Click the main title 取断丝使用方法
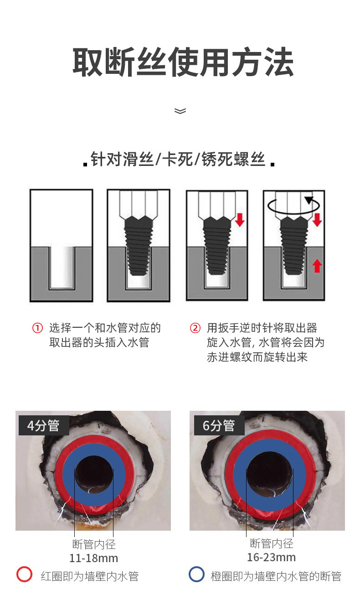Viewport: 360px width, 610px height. coord(183,62)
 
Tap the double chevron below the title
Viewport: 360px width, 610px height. coord(180,111)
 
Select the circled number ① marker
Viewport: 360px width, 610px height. coord(37,328)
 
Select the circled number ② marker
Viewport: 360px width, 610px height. coord(195,328)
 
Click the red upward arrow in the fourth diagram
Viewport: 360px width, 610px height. coord(317,266)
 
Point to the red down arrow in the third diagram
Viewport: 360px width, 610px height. coord(240,220)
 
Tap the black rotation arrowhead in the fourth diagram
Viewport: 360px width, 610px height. coord(309,200)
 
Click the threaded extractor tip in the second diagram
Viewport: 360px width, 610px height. coord(139,246)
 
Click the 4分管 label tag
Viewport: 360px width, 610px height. coord(44,425)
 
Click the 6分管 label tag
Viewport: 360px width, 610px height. coord(219,425)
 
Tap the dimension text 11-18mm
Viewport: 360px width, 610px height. coord(93,558)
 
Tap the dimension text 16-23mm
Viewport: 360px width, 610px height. coord(271,557)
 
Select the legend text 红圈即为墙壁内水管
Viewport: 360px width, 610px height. coord(90,576)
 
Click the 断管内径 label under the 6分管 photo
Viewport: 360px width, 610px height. coord(272,543)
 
